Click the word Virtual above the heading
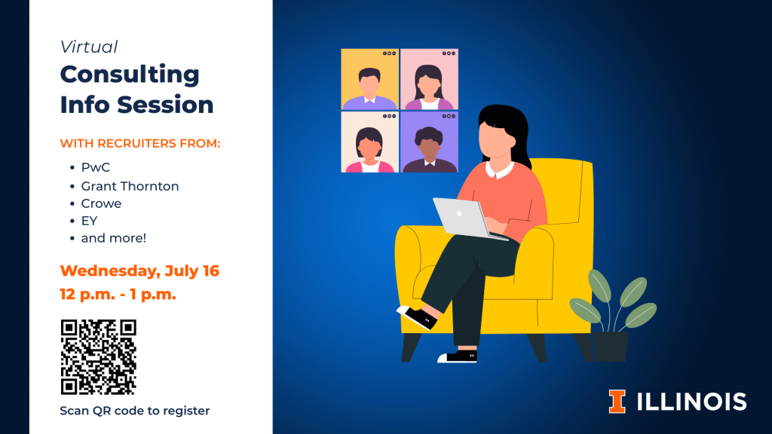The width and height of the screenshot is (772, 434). [89, 47]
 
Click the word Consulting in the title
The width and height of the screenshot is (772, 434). [130, 75]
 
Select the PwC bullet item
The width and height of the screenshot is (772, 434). [96, 167]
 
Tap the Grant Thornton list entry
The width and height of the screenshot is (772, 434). [130, 186]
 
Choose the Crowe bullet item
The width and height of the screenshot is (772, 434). [101, 203]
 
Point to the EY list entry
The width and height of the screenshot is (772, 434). [89, 221]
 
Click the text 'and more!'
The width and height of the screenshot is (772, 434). [114, 238]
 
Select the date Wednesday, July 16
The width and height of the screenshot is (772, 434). [139, 270]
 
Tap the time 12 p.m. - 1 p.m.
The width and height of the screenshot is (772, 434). [118, 295]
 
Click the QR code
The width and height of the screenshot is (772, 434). [99, 356]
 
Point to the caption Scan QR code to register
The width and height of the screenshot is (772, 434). [135, 411]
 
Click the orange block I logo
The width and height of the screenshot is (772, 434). [617, 402]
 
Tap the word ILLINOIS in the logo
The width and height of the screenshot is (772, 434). [692, 402]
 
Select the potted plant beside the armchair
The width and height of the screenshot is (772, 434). [612, 316]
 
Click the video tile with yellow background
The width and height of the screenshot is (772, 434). [369, 78]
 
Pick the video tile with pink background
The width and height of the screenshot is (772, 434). [429, 78]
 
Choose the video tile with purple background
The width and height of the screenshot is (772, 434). [429, 142]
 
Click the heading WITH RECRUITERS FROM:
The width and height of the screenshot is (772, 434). [140, 143]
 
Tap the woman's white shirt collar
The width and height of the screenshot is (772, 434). [499, 170]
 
